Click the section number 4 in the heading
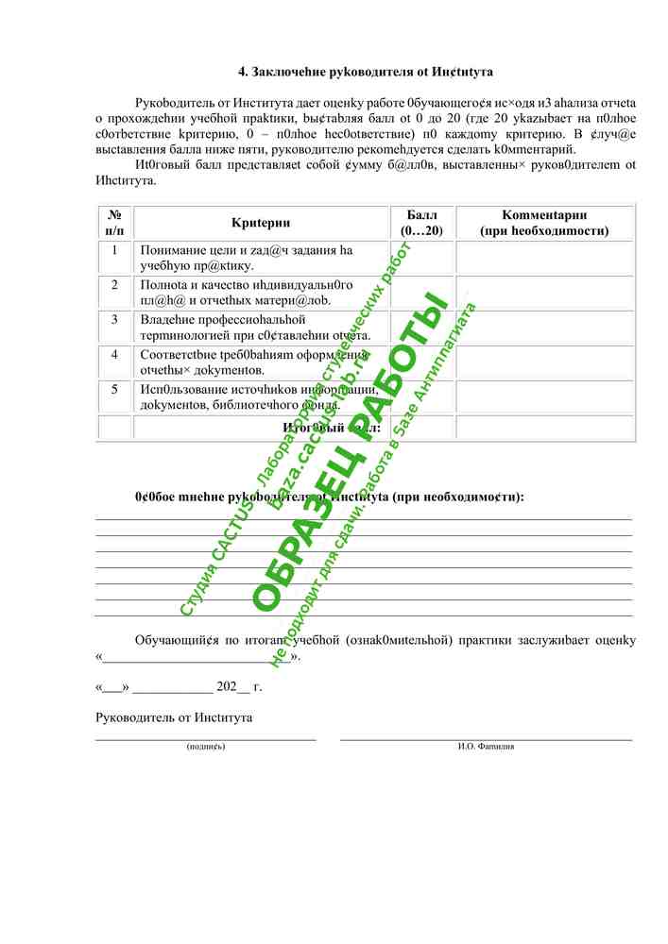tap(242, 71)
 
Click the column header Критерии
tap(261, 223)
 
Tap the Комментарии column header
tap(544, 223)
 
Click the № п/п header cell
tap(114, 223)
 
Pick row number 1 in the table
tap(114, 250)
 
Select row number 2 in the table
tap(114, 284)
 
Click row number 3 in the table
tap(114, 319)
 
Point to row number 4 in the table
tap(114, 354)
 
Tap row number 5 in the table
tap(114, 389)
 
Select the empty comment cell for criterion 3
tap(544, 327)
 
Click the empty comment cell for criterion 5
tap(544, 396)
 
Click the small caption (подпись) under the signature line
tap(206, 747)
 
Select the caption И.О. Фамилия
tap(486, 747)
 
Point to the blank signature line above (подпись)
tap(206, 739)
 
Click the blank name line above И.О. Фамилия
tap(486, 739)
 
